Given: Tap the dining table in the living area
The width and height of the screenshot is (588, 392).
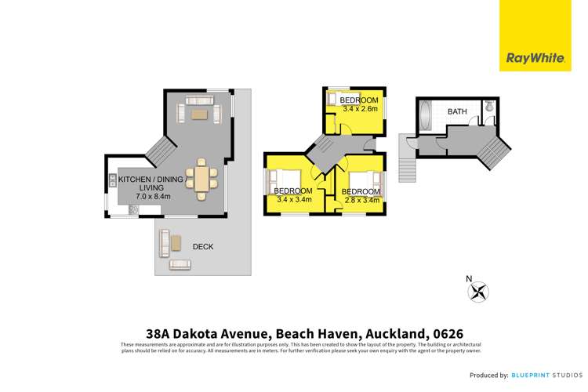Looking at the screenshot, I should point(202,179).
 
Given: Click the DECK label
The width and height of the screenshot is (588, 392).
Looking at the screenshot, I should point(202,246).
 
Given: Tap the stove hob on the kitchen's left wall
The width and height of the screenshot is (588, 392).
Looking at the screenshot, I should point(113,180).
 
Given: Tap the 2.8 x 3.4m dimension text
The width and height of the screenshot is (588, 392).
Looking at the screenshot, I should point(361,200).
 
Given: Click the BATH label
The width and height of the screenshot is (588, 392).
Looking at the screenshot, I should point(457,111).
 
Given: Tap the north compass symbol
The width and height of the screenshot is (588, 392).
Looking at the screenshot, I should point(477,291).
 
